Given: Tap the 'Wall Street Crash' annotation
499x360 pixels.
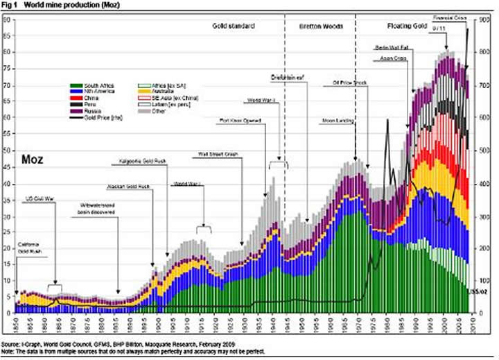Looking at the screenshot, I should [219, 154].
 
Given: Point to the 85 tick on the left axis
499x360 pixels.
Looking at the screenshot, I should [6, 19].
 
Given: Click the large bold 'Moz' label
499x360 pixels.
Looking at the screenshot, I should [33, 160].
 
